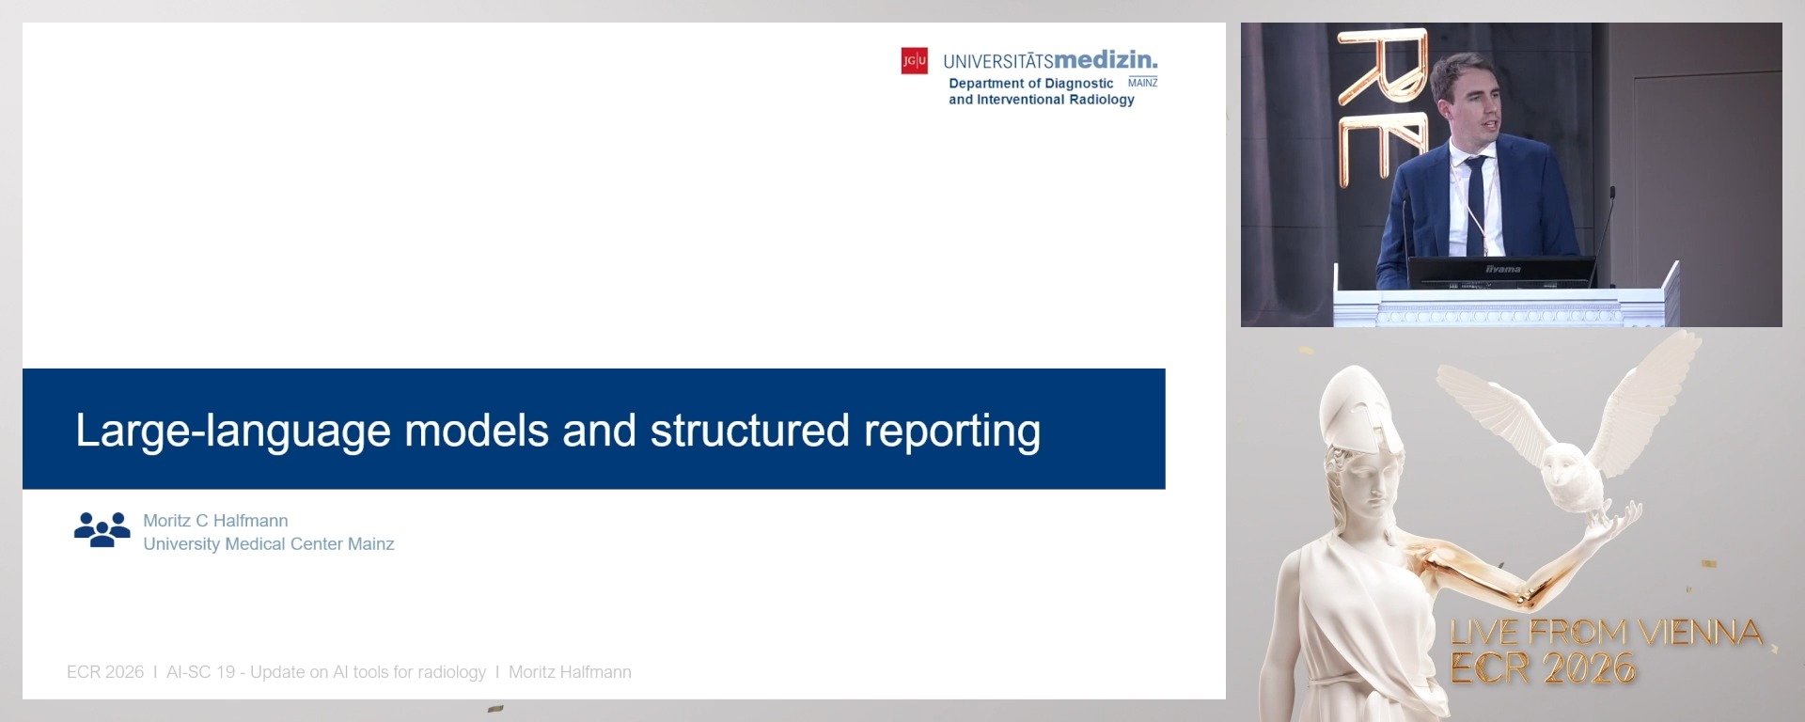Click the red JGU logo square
tap(914, 61)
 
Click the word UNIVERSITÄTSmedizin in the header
tap(1050, 61)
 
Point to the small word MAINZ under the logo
tap(1142, 83)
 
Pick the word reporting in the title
tap(951, 432)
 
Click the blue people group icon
tap(102, 529)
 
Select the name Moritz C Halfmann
tap(215, 521)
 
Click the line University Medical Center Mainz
tap(268, 544)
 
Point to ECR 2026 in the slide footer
tap(105, 672)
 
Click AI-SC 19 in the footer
tap(200, 672)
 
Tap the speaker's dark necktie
tap(1475, 202)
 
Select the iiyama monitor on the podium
tap(1502, 272)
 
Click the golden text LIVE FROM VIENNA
tap(1606, 633)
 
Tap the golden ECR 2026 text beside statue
tap(1543, 668)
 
